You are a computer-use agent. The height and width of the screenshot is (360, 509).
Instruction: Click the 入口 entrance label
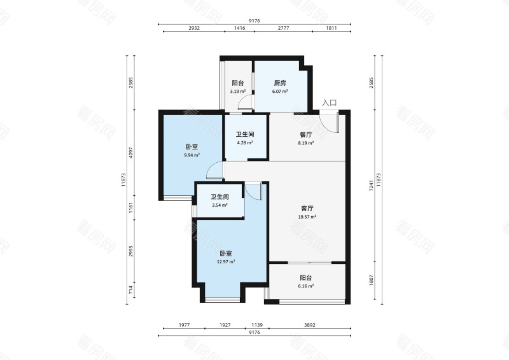pos(329,103)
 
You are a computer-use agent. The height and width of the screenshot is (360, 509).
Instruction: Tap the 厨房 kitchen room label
pos(280,83)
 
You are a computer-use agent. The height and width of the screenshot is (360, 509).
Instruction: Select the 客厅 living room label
pos(307,209)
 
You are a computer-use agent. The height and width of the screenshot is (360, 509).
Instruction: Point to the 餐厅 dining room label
pos(306,135)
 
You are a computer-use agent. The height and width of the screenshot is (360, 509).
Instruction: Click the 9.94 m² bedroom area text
pos(192,155)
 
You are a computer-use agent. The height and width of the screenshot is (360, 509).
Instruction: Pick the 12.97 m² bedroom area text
pos(226,261)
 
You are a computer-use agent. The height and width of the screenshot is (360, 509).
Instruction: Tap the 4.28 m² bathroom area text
pos(245,142)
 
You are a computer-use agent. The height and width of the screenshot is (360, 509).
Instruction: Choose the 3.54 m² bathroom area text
pos(220,205)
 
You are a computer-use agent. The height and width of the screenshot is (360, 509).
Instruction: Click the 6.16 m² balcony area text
pos(306,286)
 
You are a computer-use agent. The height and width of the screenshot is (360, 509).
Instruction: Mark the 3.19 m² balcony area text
pos(238,92)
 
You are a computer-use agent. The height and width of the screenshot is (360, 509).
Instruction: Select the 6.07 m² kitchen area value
pos(280,92)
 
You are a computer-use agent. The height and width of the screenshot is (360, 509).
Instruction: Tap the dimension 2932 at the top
pos(194,28)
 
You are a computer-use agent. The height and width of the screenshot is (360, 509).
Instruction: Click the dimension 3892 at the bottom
pos(310,324)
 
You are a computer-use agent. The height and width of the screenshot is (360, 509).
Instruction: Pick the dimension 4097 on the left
pos(131,153)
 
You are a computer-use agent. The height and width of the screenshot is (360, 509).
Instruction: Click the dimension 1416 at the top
pos(240,28)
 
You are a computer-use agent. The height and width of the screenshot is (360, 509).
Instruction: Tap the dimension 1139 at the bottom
pos(257,324)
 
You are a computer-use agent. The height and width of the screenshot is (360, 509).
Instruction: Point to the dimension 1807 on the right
pos(372,280)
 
